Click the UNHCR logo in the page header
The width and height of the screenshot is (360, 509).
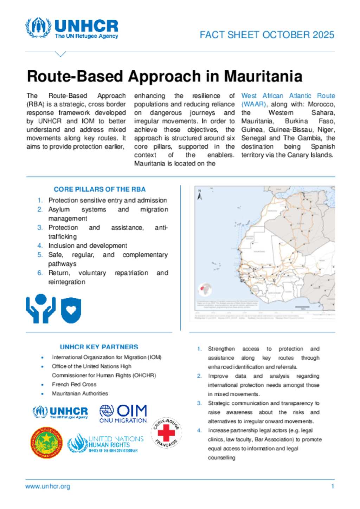click(x=72, y=28)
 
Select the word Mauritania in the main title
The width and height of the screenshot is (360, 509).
click(x=263, y=76)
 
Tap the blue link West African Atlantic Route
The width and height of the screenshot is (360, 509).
click(x=288, y=96)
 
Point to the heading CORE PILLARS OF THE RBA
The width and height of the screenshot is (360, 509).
click(x=99, y=189)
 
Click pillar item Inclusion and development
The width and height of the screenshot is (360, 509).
click(x=88, y=246)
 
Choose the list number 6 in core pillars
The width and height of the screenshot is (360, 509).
click(x=40, y=273)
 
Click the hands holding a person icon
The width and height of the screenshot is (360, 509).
click(x=41, y=308)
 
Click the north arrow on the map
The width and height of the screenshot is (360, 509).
click(x=200, y=195)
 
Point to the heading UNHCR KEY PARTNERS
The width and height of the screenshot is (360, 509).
click(x=99, y=347)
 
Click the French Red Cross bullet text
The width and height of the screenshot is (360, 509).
click(x=74, y=384)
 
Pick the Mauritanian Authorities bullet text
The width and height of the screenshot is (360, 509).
click(x=80, y=393)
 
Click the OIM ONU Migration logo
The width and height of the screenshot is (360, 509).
click(x=123, y=413)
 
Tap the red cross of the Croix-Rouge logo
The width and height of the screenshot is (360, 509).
click(x=166, y=432)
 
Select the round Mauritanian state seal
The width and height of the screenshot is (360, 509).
click(x=46, y=443)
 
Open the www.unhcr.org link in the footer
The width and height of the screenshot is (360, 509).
click(x=48, y=487)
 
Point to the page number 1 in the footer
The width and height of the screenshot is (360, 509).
click(x=332, y=487)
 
